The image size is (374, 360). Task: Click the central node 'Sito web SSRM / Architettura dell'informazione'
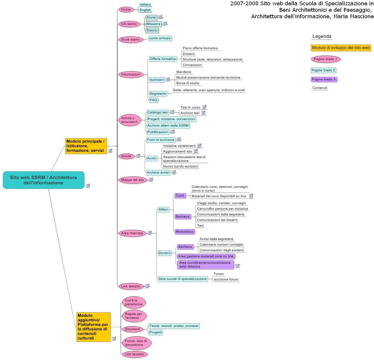(43, 180)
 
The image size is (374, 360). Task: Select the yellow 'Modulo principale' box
(86, 146)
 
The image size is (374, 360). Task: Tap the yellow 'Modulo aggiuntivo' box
(93, 327)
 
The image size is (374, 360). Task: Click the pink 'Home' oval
(126, 9)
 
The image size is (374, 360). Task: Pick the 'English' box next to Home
(145, 10)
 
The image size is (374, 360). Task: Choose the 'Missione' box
(153, 24)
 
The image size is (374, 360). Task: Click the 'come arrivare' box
(160, 38)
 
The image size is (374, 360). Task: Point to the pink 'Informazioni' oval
(131, 74)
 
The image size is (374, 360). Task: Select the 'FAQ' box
(153, 100)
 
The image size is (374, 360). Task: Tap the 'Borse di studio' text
(187, 83)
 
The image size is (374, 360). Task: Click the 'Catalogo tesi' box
(157, 112)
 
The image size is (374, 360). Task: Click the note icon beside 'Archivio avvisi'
(174, 172)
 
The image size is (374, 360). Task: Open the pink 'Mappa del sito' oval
(133, 180)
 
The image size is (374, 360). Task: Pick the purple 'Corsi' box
(180, 195)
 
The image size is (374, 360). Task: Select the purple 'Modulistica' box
(185, 232)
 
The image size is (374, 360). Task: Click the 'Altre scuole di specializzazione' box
(182, 279)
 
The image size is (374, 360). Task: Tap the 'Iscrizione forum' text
(226, 279)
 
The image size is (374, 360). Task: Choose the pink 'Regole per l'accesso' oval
(134, 316)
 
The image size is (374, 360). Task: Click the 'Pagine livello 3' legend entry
(324, 79)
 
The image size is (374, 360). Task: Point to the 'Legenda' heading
(322, 36)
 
